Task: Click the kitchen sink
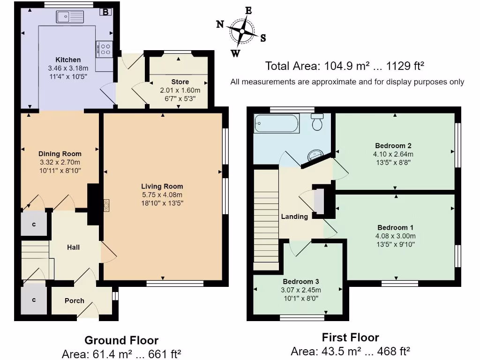point(70,17)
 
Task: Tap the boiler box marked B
point(106,12)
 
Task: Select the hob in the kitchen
point(105,49)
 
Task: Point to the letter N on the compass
point(220,24)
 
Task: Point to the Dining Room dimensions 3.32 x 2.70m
point(60,162)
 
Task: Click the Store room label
point(180,82)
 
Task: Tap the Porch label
point(75,300)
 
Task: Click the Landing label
point(294,217)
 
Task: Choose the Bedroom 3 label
point(301,281)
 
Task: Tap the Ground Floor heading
point(121,340)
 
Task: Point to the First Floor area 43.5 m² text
point(350,352)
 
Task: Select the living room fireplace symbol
point(107,205)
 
